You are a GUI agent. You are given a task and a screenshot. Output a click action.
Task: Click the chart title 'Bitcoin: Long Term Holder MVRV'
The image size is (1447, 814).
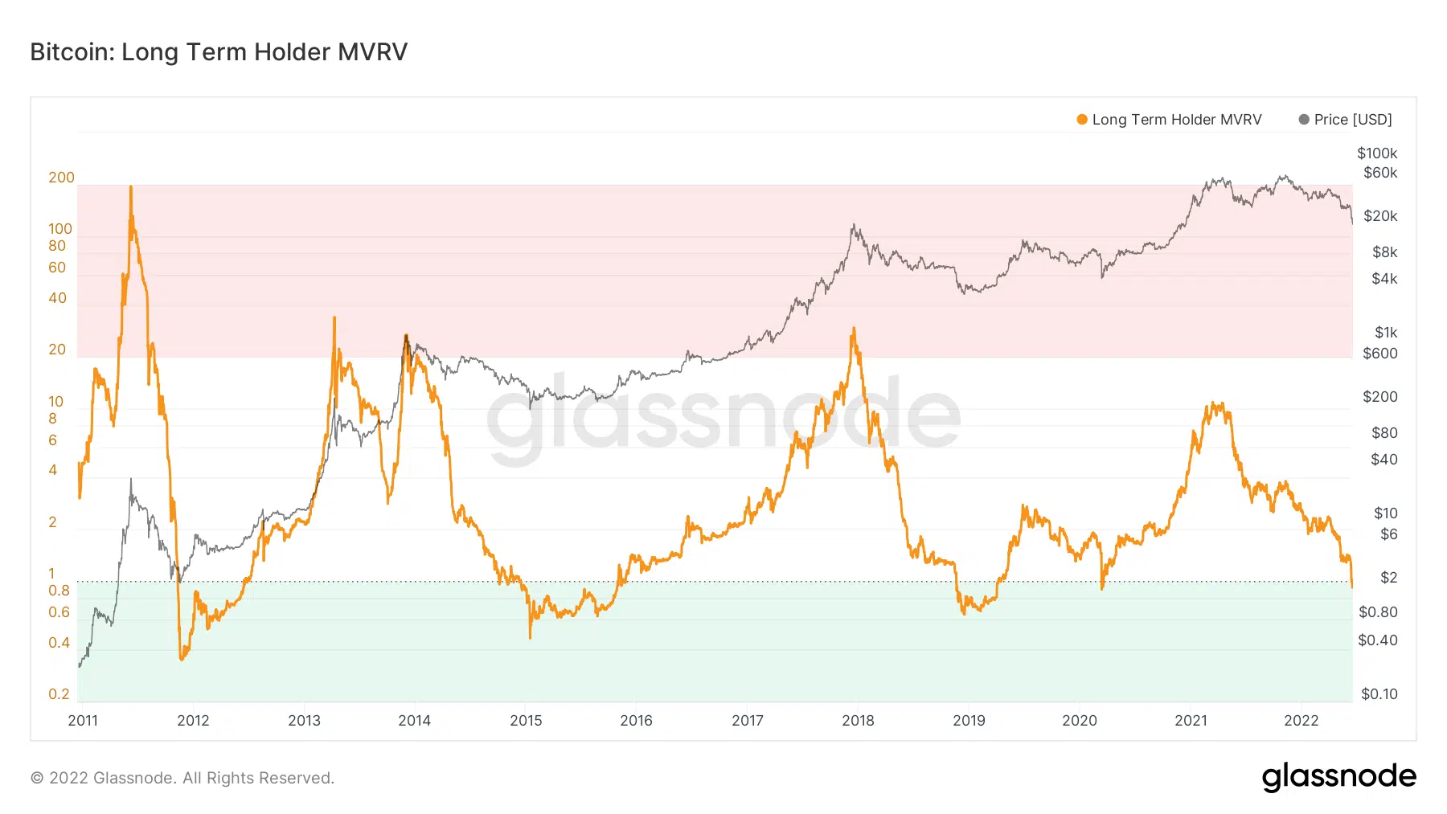219,52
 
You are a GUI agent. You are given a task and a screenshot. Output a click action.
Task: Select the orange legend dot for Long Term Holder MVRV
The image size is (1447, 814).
1082,120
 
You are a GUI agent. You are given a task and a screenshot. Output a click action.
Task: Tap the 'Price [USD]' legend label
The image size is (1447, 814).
1352,120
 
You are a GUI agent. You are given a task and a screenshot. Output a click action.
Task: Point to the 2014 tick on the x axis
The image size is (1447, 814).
414,720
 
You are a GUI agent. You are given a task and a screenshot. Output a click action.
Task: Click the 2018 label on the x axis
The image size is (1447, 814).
858,720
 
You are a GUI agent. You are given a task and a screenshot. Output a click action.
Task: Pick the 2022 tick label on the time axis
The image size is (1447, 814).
1301,720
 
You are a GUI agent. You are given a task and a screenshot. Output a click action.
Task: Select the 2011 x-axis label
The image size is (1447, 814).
83,720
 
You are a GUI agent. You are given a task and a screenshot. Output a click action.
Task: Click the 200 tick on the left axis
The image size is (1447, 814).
61,178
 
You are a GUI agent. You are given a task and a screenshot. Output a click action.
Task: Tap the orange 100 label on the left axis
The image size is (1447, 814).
60,229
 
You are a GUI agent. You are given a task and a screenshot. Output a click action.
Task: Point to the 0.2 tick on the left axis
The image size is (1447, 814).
59,694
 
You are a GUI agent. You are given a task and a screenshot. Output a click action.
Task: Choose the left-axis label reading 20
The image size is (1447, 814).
57,350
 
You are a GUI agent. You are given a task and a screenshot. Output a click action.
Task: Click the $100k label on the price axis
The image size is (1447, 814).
1377,153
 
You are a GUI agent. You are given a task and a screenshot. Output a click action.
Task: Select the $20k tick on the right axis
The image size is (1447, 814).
1380,216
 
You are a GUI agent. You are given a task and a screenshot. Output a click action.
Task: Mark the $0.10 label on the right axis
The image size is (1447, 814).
1379,694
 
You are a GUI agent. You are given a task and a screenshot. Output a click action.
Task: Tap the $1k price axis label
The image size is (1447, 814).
1386,333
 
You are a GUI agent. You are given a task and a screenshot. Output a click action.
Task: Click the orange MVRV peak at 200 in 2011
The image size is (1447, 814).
131,188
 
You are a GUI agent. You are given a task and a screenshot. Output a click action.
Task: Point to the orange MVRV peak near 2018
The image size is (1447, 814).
853,329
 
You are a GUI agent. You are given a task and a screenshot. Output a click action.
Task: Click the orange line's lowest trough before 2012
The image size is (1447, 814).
182,659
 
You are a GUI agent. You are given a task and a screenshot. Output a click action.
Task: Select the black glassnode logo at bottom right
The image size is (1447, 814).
1338,777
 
